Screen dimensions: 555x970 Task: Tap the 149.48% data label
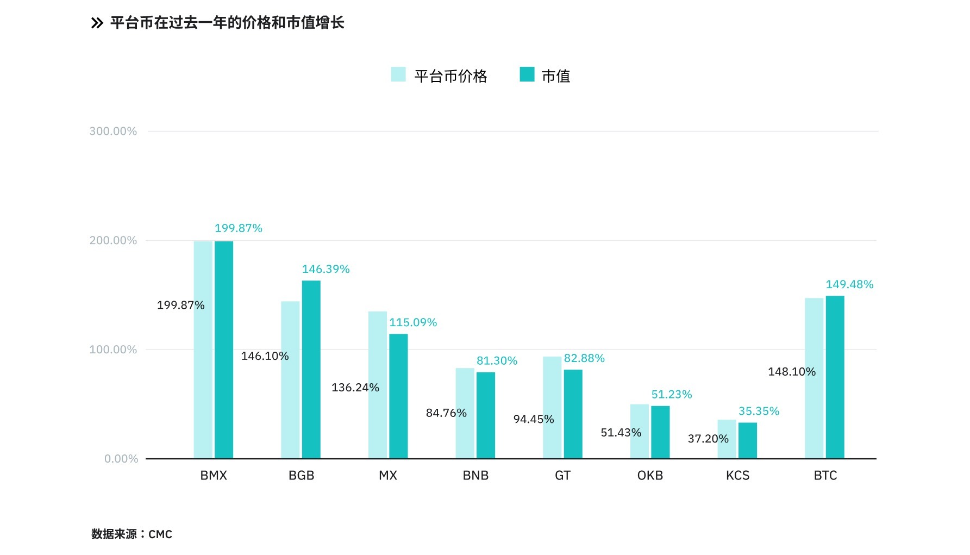point(849,284)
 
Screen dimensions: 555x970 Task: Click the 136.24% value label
point(355,388)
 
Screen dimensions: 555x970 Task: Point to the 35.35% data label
point(759,411)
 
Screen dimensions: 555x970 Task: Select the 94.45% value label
point(533,419)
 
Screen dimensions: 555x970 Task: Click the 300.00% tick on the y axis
point(113,131)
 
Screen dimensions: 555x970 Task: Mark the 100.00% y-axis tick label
point(113,350)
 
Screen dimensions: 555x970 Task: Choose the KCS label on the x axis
point(737,476)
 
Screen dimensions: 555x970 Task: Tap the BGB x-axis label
point(301,476)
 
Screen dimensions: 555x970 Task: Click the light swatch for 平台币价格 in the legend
point(398,74)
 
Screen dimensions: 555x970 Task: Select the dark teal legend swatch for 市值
point(527,74)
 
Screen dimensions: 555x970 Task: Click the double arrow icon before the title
point(97,23)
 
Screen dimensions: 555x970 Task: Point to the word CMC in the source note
point(160,534)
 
